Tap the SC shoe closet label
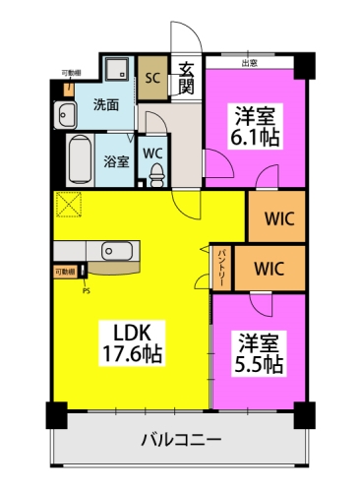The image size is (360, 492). (153, 76)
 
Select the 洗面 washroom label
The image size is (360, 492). (106, 103)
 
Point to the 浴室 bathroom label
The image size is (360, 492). (116, 161)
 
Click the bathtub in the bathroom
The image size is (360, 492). (82, 156)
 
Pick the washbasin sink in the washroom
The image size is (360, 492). (65, 112)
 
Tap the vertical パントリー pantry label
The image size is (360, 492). (222, 267)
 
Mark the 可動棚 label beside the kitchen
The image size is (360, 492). (65, 270)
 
